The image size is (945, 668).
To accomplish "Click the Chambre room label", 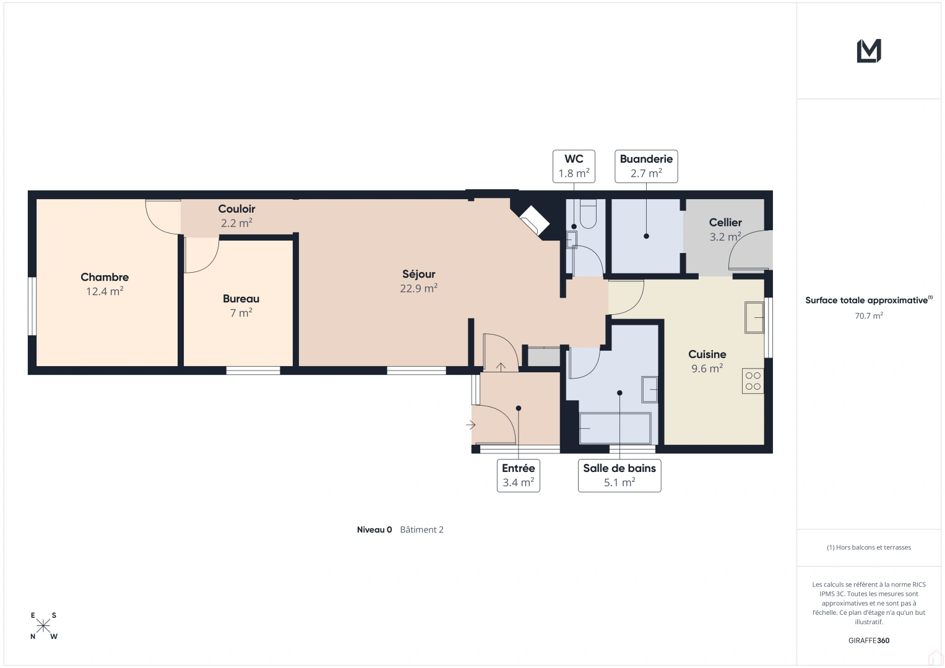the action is point(105,277).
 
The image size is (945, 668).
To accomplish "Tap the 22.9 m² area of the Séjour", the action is point(418,288).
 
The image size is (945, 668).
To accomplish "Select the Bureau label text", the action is point(241,299).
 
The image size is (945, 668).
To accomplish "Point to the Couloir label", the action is point(236,209).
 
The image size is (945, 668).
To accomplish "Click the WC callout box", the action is point(574,166).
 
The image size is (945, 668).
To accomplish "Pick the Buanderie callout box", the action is point(646,166).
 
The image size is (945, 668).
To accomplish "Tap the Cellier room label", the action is point(725,222).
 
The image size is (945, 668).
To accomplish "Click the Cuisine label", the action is point(707,354).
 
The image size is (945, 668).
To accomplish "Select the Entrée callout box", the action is point(518,475).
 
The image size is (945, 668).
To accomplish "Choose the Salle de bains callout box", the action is point(619,475).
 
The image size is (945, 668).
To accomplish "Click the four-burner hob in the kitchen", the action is point(753,381).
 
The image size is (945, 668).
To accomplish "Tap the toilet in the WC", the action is point(588,214).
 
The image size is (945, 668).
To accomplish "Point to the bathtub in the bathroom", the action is point(615,428).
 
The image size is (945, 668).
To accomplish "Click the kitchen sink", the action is point(754,317).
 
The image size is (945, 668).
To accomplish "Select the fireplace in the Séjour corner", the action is point(535,220).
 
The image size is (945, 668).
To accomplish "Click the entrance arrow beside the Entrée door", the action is point(471,425).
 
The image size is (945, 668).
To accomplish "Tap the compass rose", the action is point(43,626).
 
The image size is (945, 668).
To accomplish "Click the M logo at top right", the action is point(869,51).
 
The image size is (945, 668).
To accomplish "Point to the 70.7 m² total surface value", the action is point(869,315).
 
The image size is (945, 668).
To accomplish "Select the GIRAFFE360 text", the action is point(869,640).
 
